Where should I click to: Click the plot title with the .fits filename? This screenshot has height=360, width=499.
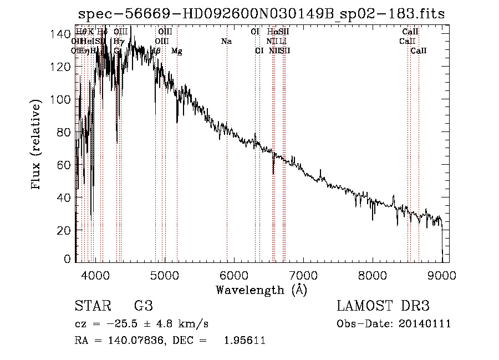tap(261, 14)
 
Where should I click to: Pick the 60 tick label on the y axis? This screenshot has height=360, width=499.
tap(64, 165)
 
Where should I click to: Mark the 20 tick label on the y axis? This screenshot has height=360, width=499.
tap(64, 230)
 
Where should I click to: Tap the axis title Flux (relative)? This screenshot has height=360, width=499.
tap(37, 145)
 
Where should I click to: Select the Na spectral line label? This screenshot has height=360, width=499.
tap(226, 42)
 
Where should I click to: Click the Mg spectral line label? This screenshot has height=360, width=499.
tap(176, 51)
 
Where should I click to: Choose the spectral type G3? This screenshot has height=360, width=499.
tap(144, 306)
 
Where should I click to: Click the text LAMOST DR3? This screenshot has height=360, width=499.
tap(383, 306)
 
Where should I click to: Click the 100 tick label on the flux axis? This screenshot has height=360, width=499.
tap(62, 100)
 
